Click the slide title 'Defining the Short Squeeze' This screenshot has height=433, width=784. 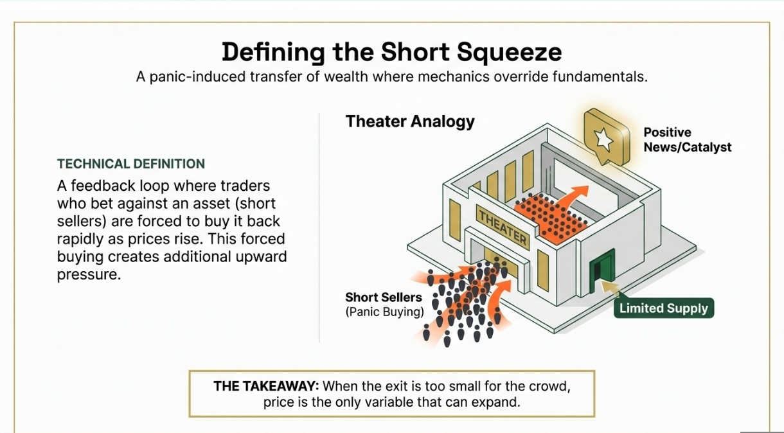(x=391, y=53)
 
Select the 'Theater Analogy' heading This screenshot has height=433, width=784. (x=410, y=121)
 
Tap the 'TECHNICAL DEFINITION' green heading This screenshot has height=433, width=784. (x=131, y=164)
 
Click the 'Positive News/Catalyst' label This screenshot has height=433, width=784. (x=687, y=140)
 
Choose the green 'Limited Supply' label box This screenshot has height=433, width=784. (x=663, y=308)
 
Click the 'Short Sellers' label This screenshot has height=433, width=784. (x=383, y=297)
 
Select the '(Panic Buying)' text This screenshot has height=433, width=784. (x=384, y=312)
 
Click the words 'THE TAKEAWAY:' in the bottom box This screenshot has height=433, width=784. (x=266, y=387)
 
